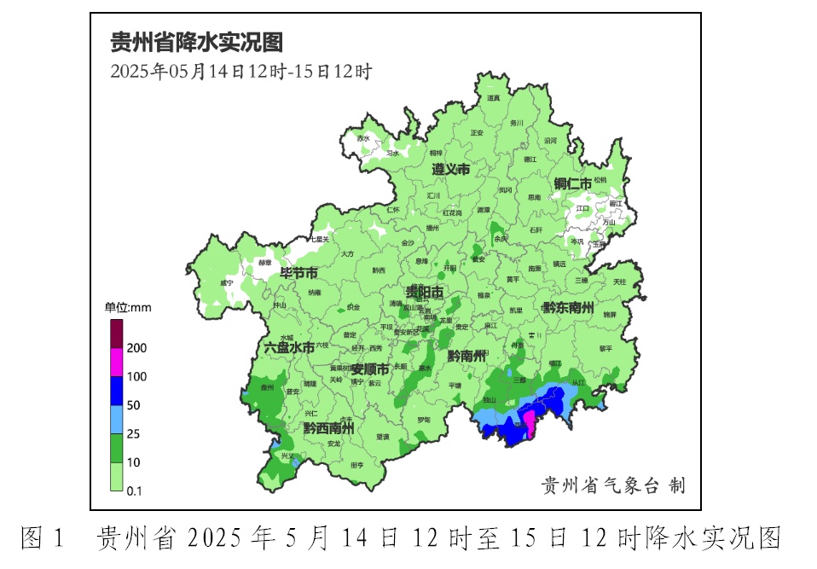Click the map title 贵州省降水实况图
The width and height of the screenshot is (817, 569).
[x=196, y=42]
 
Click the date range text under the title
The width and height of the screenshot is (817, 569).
[x=240, y=72]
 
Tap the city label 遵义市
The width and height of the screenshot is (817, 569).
[x=450, y=170]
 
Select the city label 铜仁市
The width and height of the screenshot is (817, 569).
[x=572, y=183]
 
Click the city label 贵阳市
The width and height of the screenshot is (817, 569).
[x=424, y=293]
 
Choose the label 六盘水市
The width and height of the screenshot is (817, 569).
[x=288, y=347]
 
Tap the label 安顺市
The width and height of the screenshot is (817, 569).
[x=370, y=369]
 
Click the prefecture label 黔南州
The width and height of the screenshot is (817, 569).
[x=466, y=356]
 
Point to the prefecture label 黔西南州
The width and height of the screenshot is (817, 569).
[x=328, y=427]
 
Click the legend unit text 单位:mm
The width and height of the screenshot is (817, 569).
[x=128, y=307]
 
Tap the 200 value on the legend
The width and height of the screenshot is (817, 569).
[x=136, y=348]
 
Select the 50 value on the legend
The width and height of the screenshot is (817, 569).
[x=134, y=405]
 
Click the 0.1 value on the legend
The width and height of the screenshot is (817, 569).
[x=134, y=491]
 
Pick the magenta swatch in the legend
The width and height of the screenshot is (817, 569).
[x=116, y=363]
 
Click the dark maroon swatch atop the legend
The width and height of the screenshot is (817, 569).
[x=116, y=334]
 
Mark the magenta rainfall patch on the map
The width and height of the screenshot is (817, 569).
[x=528, y=423]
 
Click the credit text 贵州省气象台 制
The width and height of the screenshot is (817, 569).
[x=613, y=486]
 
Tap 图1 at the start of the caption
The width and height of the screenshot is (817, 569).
[x=43, y=538]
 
